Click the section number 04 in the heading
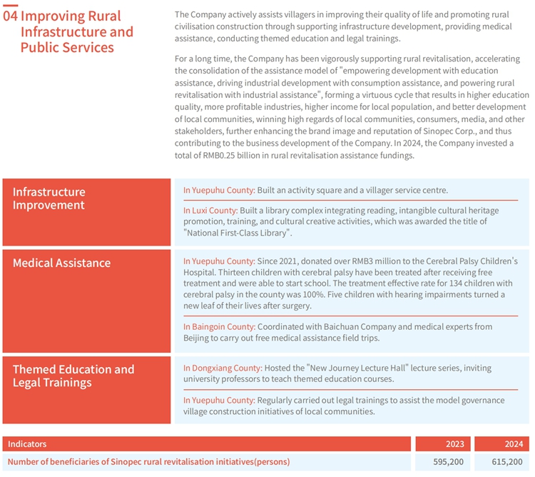(x=11, y=16)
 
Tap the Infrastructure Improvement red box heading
(x=49, y=199)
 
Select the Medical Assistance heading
(x=61, y=263)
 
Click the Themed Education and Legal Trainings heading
(x=73, y=376)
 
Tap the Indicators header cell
(x=27, y=444)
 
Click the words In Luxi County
(x=210, y=211)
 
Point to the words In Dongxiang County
(x=222, y=368)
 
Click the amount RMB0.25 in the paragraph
(x=218, y=155)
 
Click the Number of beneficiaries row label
(x=148, y=462)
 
